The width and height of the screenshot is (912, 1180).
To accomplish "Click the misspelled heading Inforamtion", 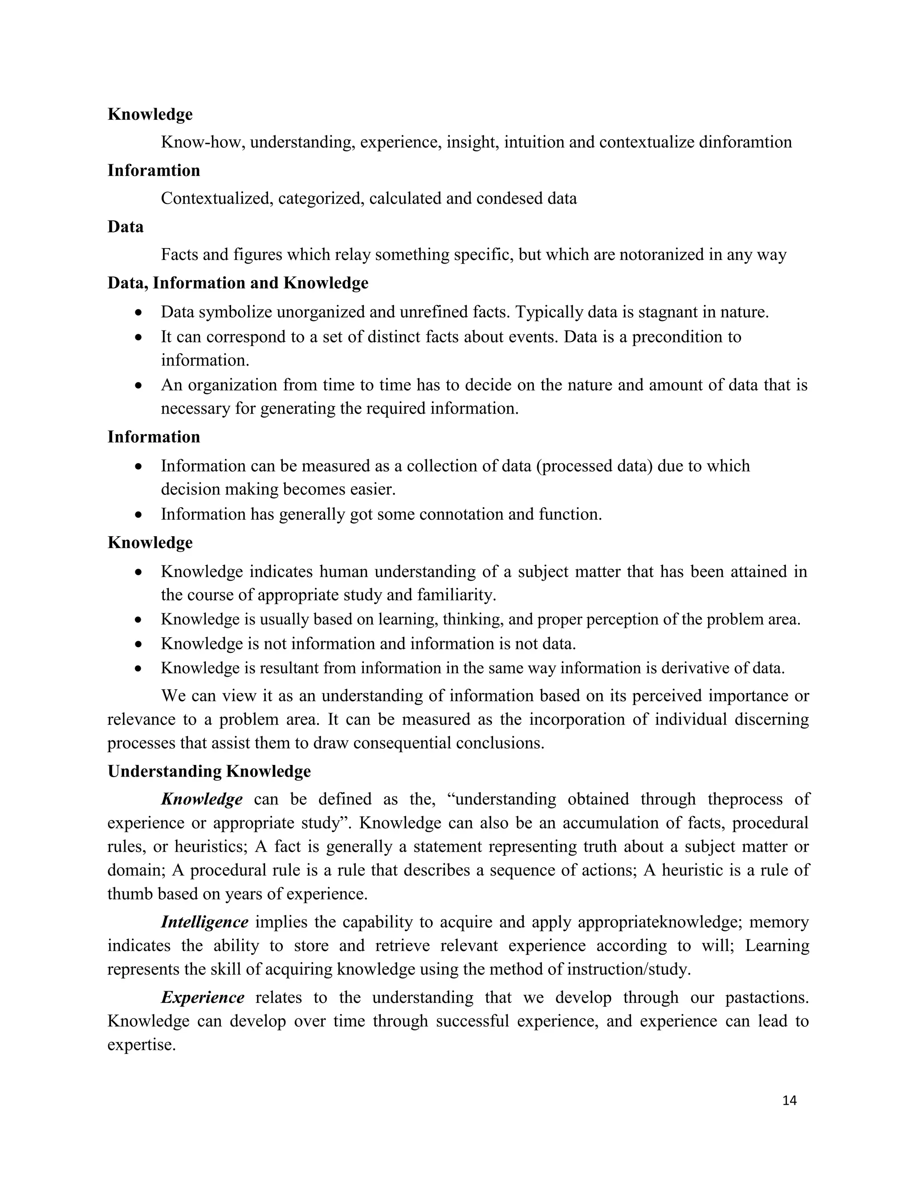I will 154,170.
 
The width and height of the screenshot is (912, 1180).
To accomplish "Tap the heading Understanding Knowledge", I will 209,771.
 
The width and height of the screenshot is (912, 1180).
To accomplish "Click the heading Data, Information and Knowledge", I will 238,283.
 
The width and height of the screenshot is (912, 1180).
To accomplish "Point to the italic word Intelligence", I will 204,922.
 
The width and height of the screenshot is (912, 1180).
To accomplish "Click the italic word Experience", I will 203,997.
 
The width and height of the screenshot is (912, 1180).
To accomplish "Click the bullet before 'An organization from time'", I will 139,386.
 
